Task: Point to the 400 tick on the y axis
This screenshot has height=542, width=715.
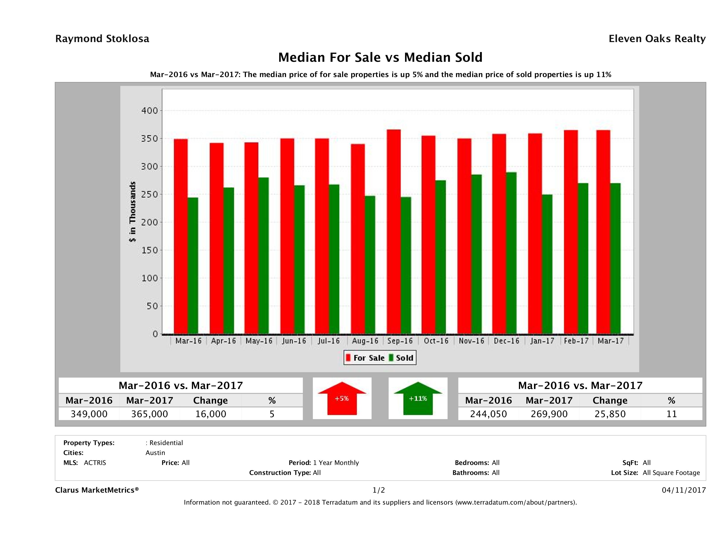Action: (x=149, y=111)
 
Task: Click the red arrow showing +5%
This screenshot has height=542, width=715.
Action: (x=342, y=398)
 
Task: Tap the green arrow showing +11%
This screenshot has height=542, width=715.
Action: (x=418, y=398)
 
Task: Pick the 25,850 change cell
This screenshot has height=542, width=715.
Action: (x=610, y=414)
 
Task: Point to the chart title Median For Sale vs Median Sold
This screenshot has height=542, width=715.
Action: (x=380, y=58)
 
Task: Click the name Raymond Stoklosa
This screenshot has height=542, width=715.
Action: (x=102, y=39)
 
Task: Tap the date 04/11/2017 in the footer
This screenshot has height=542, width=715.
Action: (x=684, y=490)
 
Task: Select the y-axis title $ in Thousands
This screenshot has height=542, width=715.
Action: (x=132, y=212)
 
